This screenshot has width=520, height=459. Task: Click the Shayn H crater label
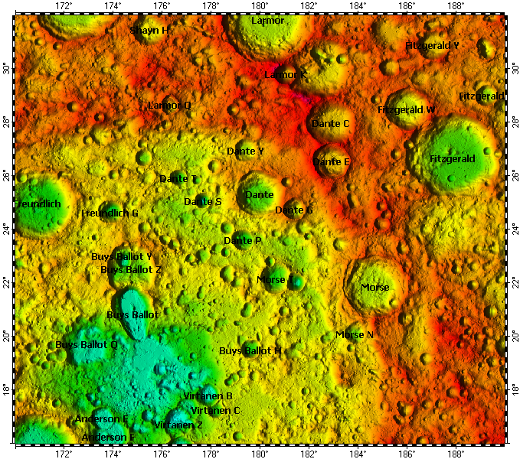coord(149,31)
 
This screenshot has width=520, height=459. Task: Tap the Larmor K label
coord(285,75)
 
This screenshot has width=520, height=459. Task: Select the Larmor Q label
coord(169,105)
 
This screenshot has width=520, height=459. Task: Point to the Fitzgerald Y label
coord(432,46)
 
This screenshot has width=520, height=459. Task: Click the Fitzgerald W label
coord(406,110)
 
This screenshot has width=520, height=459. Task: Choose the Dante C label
coord(330,123)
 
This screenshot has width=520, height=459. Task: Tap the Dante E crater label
coord(331,161)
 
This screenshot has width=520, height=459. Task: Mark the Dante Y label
coord(245,151)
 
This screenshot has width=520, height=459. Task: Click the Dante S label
coord(203,201)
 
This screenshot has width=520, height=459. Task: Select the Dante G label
coord(294,210)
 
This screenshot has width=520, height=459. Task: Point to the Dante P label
coord(243,241)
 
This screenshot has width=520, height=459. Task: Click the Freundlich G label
coord(110,213)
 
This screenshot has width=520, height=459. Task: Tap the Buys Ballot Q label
coord(87,345)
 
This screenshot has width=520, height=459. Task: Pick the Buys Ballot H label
coord(250,351)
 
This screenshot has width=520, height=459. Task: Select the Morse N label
coord(355,335)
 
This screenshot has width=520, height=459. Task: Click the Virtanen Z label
coord(178,425)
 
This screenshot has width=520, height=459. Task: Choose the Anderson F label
coord(108,438)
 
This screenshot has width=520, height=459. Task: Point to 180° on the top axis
coord(260,6)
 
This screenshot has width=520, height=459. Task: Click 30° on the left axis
coord(7,69)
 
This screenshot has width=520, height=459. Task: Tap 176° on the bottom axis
coord(162,453)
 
